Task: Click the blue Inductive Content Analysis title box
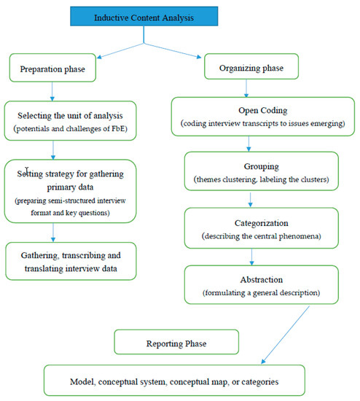coord(144,16)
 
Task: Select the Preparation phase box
coord(52,68)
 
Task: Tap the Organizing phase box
coord(251,66)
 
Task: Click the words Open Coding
coord(263,111)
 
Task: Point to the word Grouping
coord(262,166)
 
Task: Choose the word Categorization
coord(262,223)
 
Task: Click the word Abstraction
coord(262,279)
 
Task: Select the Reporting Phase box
coord(176,342)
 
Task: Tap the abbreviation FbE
coord(118,128)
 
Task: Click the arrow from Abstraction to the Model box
coord(286,335)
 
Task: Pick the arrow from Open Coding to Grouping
coord(249,144)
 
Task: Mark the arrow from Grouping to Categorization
coord(250,200)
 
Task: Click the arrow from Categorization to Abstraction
coord(252,257)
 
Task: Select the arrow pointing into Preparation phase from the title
coord(120,51)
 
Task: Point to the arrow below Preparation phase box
coord(52,91)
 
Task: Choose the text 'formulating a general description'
coord(262,292)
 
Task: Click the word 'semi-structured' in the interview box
coord(72,200)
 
